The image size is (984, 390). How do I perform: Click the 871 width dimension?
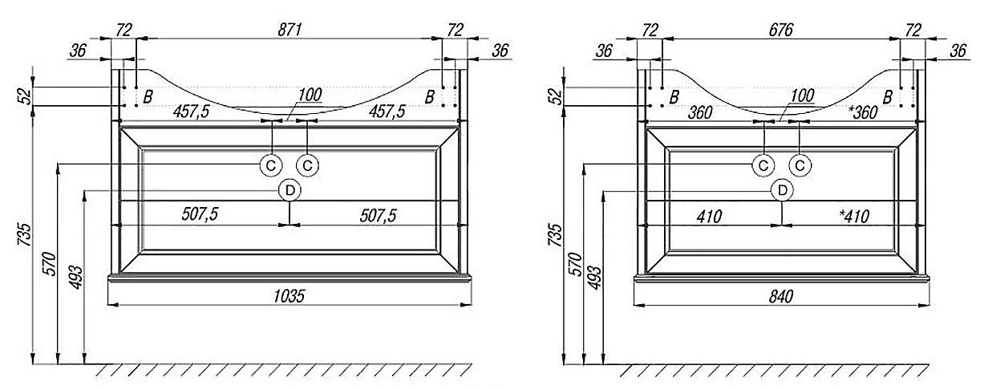(290, 30)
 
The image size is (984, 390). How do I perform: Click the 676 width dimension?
(781, 30)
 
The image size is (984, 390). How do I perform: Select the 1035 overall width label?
(289, 296)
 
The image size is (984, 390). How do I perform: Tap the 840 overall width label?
(781, 297)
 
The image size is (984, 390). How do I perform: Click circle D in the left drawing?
(290, 190)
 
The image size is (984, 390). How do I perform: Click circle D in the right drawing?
(783, 190)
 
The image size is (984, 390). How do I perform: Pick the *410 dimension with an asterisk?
(854, 217)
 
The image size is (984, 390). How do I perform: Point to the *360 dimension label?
(863, 112)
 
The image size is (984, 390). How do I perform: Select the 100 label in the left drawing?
(310, 95)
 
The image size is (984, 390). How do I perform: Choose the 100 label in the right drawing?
(802, 95)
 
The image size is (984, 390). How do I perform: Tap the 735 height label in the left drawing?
(25, 234)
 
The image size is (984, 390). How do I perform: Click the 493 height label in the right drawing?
(595, 277)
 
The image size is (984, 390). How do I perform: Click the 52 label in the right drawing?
(557, 97)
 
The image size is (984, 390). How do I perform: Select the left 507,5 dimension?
(200, 214)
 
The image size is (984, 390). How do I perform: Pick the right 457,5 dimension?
(387, 112)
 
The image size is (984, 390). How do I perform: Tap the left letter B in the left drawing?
(148, 97)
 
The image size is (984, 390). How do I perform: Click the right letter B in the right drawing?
(887, 97)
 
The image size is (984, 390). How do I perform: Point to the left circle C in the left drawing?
(271, 166)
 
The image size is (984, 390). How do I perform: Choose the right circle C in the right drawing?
(800, 166)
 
